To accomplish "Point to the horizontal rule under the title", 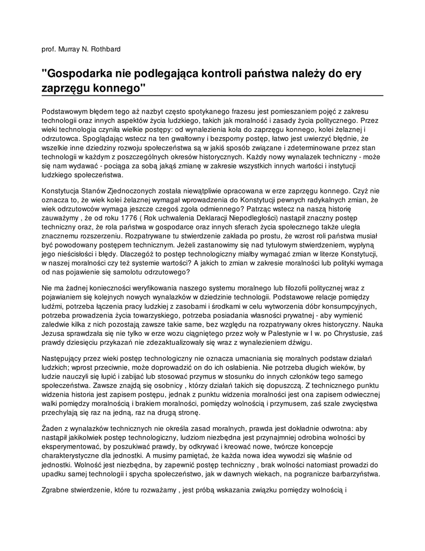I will (212, 95).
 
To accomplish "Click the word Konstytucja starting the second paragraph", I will (60, 191).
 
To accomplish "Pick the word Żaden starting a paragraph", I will (52, 429).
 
